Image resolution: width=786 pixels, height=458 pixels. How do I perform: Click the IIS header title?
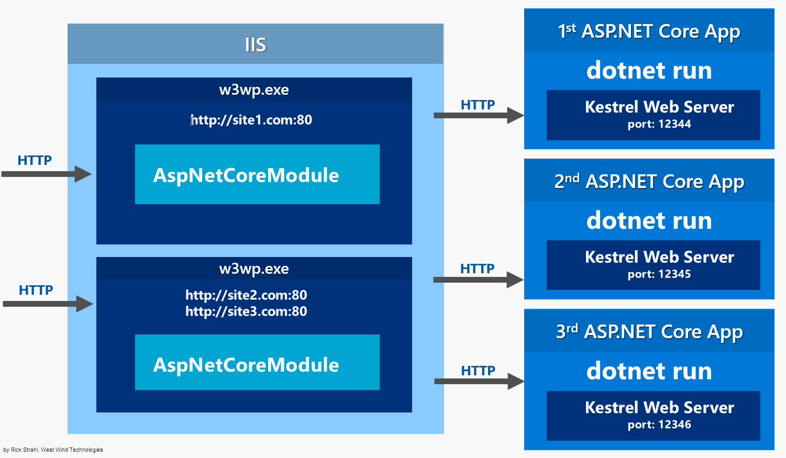[256, 44]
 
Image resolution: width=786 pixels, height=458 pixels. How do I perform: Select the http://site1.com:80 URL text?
[251, 120]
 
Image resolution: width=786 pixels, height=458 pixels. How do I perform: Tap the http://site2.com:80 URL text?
[246, 295]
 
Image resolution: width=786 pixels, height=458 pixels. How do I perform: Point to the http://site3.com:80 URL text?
[246, 311]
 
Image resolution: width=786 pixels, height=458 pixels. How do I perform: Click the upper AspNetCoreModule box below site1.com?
[257, 175]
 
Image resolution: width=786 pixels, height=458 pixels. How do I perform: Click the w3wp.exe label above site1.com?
[254, 90]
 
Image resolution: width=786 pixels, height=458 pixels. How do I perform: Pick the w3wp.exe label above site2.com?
[254, 269]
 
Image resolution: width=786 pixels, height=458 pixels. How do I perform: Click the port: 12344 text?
[659, 124]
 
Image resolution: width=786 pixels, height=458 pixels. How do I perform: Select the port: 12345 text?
[659, 274]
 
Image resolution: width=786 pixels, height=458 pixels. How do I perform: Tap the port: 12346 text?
[659, 425]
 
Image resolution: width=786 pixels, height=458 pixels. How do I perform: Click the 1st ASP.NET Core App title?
[649, 31]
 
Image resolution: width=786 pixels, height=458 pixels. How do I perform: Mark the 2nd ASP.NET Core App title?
[649, 182]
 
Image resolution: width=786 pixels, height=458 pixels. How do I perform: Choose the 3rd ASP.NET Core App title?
[649, 332]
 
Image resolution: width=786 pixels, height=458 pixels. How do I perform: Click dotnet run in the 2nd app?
[649, 220]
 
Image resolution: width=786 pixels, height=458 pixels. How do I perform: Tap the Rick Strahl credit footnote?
[53, 450]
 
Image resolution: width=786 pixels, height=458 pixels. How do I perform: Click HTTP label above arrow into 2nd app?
[477, 269]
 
